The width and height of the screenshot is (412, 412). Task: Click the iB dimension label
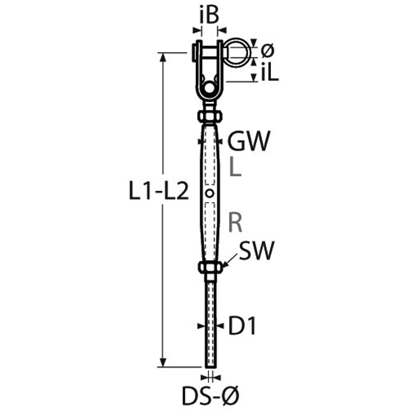click(209, 15)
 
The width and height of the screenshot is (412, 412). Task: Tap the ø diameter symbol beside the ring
click(267, 50)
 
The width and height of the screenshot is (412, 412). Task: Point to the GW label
click(249, 141)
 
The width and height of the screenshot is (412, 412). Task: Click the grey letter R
click(235, 222)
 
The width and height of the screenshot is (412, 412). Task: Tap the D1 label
click(242, 326)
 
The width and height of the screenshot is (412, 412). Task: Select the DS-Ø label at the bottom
click(210, 395)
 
